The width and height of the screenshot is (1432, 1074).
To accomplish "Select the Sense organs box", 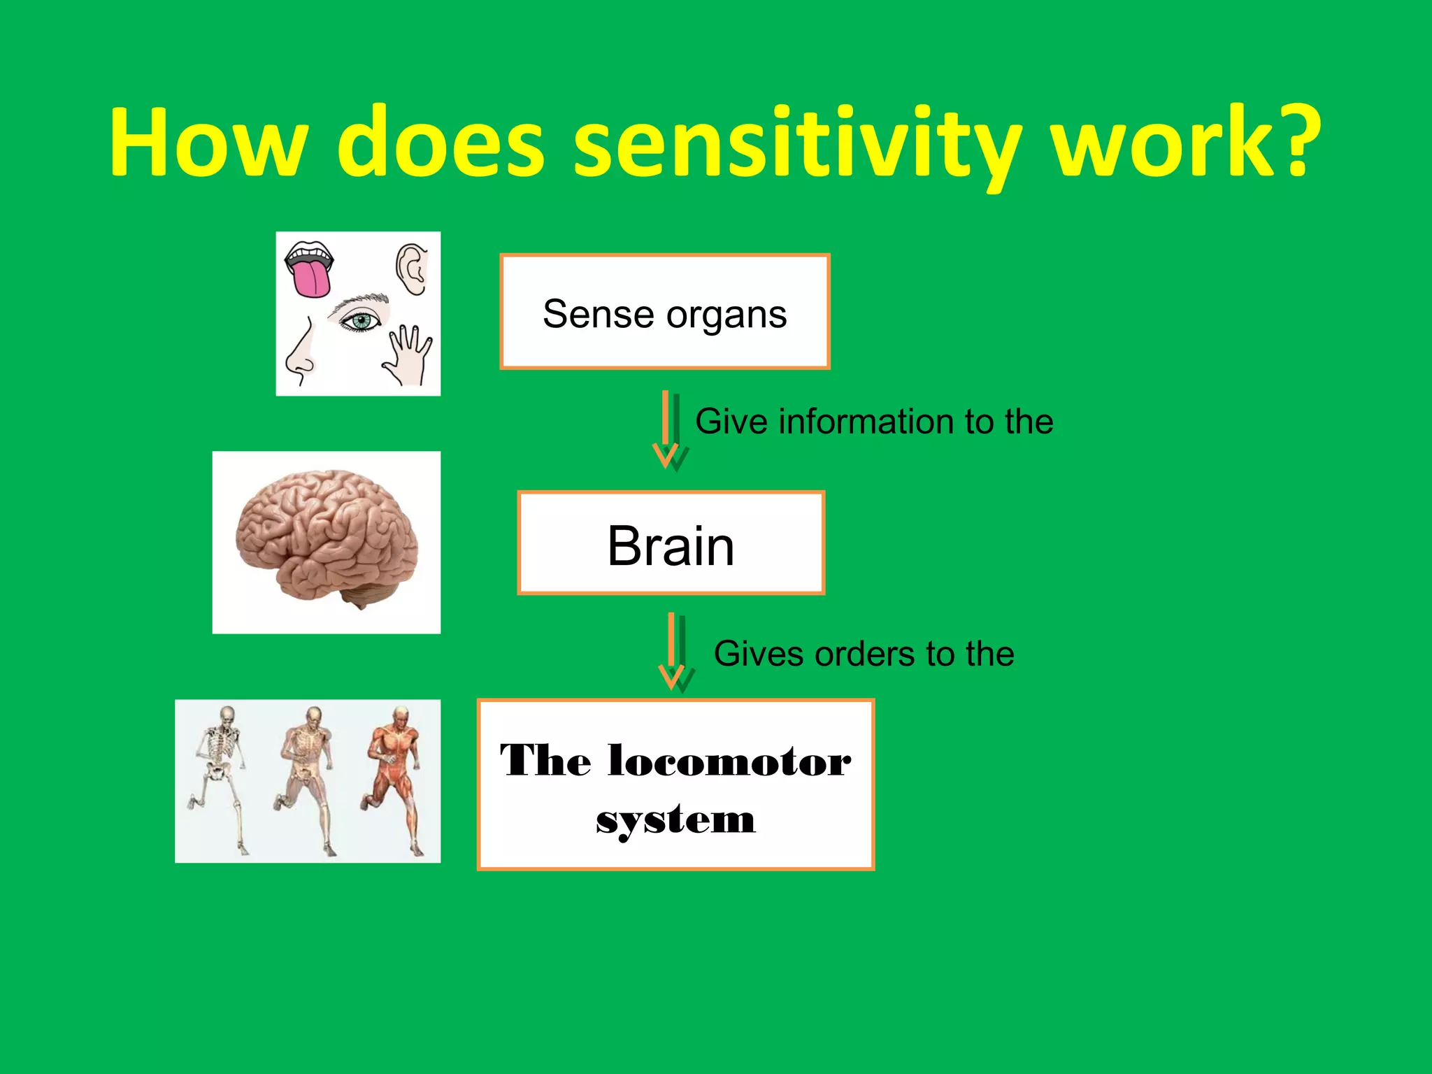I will (x=664, y=312).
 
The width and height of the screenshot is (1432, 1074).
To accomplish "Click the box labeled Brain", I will (x=671, y=543).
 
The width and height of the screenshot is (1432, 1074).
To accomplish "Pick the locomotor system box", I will (x=675, y=785).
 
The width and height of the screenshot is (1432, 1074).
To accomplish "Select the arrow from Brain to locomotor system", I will (x=675, y=652).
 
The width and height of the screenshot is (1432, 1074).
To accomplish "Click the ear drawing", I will (x=413, y=269).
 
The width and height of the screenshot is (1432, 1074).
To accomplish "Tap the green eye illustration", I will (x=361, y=321).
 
